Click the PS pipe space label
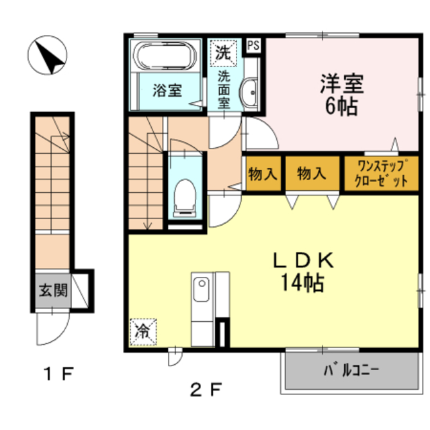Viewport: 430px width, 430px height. click(x=253, y=46)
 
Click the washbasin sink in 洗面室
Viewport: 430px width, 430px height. click(x=251, y=90)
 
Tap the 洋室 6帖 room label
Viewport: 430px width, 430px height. click(x=341, y=95)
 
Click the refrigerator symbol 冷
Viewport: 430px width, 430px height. click(x=143, y=330)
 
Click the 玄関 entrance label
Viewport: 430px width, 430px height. click(x=51, y=291)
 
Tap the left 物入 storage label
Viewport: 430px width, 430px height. click(x=263, y=174)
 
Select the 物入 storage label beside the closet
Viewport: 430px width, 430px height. click(x=312, y=174)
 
